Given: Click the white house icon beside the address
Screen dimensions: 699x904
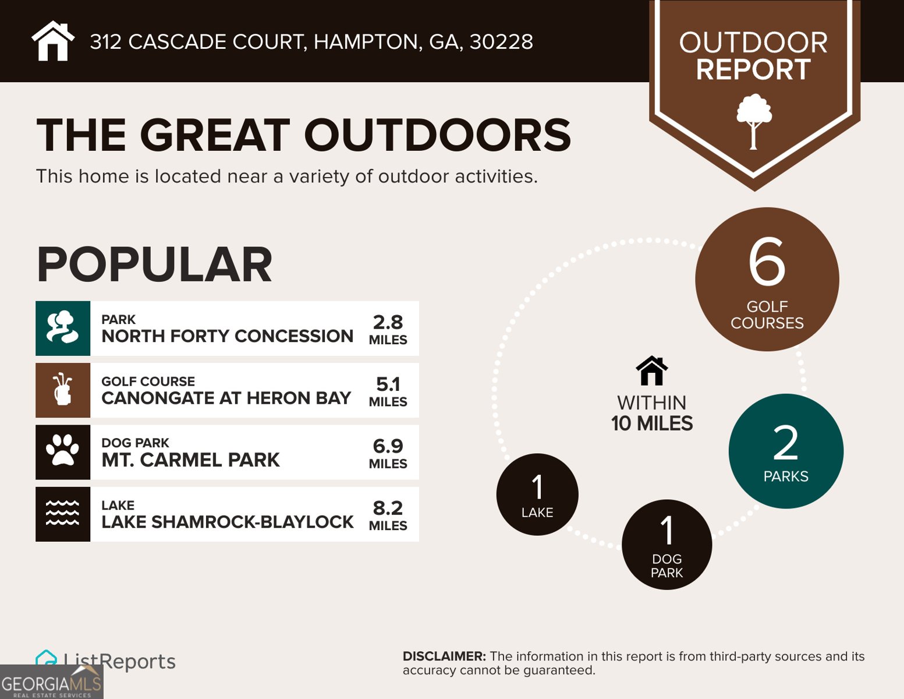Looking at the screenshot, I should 53,41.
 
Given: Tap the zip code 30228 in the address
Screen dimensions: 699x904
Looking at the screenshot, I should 501,42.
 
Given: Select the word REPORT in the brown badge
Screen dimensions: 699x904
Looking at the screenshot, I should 753,70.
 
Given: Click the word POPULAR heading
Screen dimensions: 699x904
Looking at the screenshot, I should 154,265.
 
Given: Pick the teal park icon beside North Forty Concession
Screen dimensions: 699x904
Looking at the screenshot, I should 63,329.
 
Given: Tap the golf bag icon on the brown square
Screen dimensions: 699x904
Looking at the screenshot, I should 63,390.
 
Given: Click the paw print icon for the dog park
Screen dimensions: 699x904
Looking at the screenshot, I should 63,452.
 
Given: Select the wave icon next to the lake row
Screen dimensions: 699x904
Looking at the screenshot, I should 63,514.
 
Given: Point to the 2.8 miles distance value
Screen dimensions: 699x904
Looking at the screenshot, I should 388,323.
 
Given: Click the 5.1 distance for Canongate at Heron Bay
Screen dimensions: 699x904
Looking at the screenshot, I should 388,384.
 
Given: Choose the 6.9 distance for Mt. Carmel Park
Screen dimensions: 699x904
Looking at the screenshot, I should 388,446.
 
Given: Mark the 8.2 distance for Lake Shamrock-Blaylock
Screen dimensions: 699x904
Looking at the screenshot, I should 388,508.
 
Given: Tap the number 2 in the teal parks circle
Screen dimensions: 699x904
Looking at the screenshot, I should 785,443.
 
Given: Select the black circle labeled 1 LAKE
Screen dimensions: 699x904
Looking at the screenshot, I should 537,495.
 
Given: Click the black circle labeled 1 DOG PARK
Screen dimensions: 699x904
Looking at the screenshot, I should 667,545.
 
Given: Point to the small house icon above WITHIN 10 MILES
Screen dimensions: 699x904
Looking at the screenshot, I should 652,371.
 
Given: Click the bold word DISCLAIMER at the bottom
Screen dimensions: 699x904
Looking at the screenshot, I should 444,656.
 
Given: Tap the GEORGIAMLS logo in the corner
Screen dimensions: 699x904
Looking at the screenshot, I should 51,683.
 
